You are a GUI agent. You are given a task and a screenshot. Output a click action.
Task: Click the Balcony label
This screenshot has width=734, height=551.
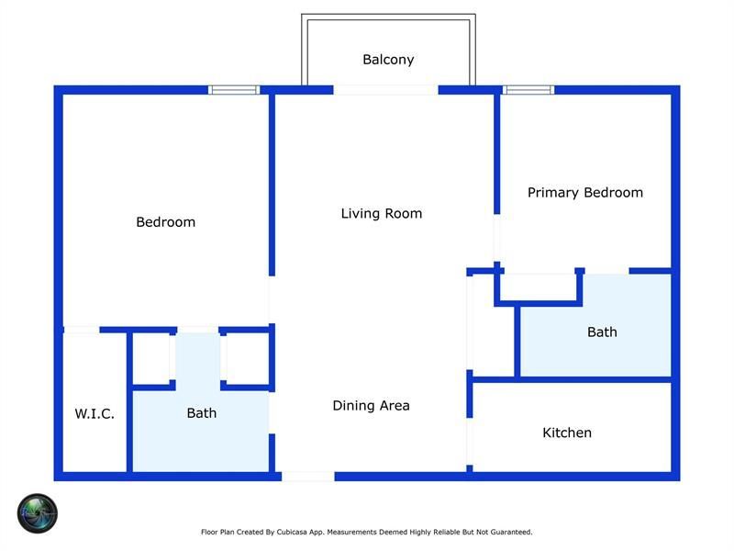pyautogui.click(x=388, y=60)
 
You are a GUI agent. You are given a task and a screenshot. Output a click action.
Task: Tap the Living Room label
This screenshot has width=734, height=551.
pyautogui.click(x=382, y=214)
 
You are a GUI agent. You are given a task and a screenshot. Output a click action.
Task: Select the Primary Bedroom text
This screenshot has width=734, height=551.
pyautogui.click(x=585, y=193)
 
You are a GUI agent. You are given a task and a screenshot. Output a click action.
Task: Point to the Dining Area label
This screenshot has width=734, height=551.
pyautogui.click(x=372, y=406)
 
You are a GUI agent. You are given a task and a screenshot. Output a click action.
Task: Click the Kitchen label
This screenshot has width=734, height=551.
pyautogui.click(x=567, y=433)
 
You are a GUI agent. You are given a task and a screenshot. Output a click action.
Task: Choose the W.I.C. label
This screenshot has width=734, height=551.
pyautogui.click(x=95, y=414)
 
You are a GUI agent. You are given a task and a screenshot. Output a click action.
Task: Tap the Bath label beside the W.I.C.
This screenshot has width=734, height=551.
pyautogui.click(x=202, y=412)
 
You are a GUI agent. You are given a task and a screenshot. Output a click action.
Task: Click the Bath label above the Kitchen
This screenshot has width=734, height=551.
pyautogui.click(x=602, y=332)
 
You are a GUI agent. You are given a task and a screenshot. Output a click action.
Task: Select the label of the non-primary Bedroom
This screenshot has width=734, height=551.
pyautogui.click(x=166, y=222)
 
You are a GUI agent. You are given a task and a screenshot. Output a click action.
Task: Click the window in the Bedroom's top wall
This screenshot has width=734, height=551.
pyautogui.click(x=234, y=90)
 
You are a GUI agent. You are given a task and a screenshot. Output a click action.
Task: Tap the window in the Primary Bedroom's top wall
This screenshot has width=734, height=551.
pyautogui.click(x=528, y=90)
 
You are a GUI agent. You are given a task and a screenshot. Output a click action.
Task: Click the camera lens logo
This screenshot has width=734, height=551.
pyautogui.click(x=38, y=513)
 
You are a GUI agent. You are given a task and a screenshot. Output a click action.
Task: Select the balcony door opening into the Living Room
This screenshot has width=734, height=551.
pyautogui.click(x=385, y=90)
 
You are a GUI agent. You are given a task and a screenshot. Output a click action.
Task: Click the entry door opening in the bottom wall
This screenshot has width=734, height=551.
pyautogui.click(x=308, y=477)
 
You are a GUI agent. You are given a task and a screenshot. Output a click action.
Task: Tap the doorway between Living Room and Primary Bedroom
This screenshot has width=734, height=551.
pyautogui.click(x=497, y=238)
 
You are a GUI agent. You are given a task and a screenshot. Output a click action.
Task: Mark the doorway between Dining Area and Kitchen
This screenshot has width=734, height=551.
pyautogui.click(x=470, y=442)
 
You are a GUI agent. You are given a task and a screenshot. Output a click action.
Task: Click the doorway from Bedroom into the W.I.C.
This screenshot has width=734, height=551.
pyautogui.click(x=82, y=331)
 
